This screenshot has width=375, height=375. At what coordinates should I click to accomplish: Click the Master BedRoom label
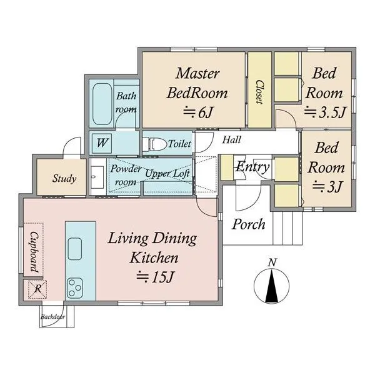point(197,83)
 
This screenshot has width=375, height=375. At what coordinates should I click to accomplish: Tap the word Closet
point(260,92)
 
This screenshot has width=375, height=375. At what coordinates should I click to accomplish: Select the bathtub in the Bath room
point(102,104)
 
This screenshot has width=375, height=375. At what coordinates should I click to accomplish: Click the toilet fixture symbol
point(154,144)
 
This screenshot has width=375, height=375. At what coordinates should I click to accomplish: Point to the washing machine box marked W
point(102,143)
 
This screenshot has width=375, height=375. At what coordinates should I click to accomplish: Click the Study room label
point(64,178)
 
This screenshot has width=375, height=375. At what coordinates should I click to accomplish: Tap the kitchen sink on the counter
point(75,249)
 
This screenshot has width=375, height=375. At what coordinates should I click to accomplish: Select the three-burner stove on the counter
point(75,288)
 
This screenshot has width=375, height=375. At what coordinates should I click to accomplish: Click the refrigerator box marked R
point(37,289)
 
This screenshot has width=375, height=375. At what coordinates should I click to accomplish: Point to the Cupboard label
point(34,252)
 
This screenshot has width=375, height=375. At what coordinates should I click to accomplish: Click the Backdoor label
point(52,317)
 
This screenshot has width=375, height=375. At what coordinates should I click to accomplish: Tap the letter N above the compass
point(272,262)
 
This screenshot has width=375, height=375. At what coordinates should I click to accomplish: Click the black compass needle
point(272,286)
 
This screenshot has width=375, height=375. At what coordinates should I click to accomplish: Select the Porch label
point(249,224)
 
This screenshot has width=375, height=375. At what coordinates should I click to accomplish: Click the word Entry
point(252,167)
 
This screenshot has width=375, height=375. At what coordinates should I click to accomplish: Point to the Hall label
point(231,140)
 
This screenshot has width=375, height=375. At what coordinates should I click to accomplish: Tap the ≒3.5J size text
point(325,112)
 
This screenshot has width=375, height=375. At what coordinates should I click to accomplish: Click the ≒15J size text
point(156,277)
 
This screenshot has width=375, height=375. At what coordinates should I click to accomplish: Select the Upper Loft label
point(167,174)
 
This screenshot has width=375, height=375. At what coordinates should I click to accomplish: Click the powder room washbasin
point(97,177)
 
